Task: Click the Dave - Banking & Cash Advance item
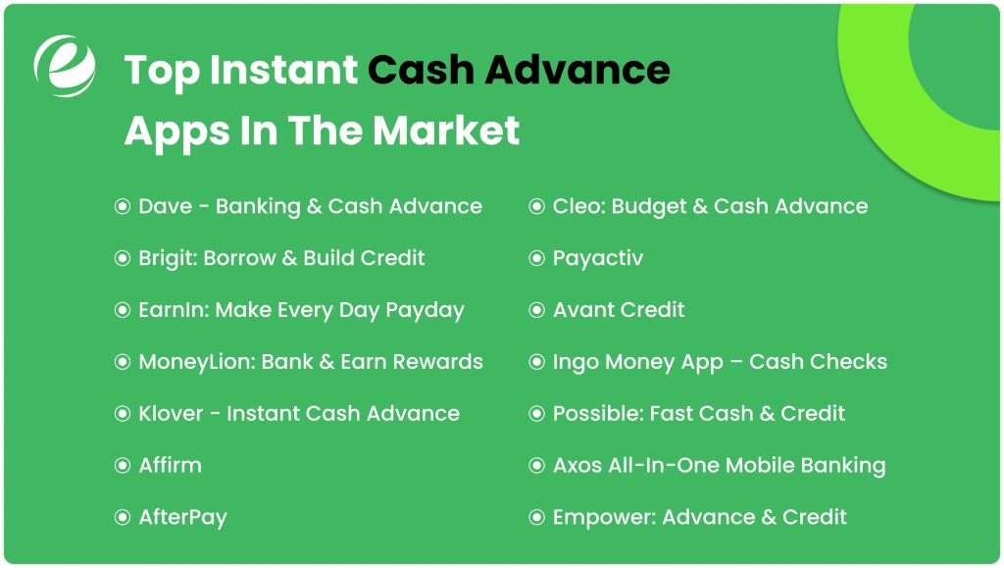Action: click(310, 206)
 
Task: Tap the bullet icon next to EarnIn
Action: click(123, 310)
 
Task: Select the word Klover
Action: click(171, 413)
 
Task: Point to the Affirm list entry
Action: click(170, 465)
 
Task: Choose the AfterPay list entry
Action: click(182, 517)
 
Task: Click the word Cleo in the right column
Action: click(576, 206)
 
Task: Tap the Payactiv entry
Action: click(597, 258)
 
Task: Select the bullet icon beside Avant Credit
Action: click(536, 310)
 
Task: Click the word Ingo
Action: click(575, 362)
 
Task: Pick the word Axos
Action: click(577, 465)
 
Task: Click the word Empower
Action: click(601, 517)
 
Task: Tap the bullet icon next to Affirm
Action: click(123, 465)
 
